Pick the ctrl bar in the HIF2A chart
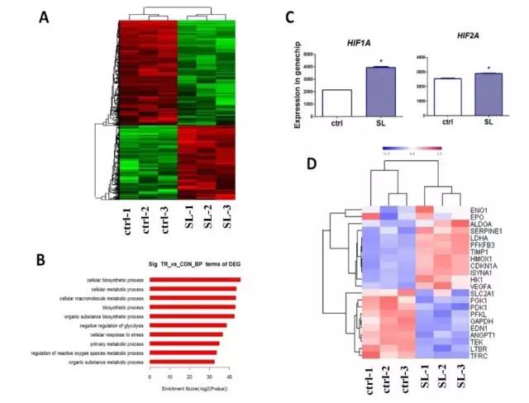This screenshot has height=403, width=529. click(x=448, y=95)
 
